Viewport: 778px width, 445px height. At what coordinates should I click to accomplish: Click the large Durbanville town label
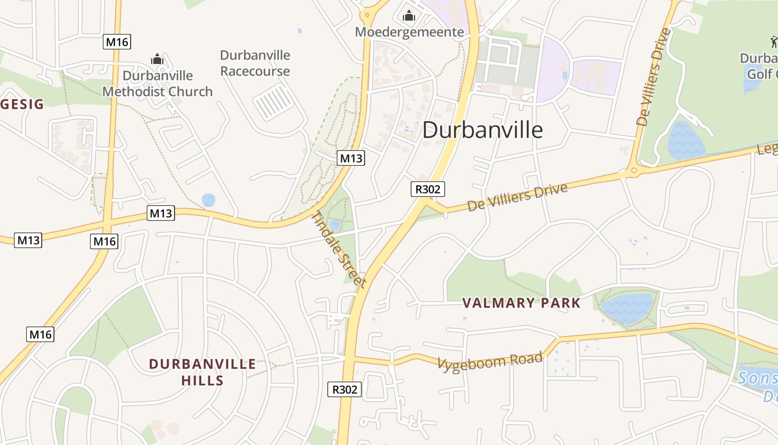pyautogui.click(x=482, y=130)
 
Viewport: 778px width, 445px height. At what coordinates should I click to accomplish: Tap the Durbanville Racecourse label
pyautogui.click(x=255, y=63)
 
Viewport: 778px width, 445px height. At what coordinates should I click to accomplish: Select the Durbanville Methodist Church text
pyautogui.click(x=158, y=83)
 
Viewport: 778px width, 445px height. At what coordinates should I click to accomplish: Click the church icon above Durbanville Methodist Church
pyautogui.click(x=157, y=59)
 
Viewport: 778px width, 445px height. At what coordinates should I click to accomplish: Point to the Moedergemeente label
pyautogui.click(x=410, y=32)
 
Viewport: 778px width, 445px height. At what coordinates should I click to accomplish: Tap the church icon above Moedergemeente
pyautogui.click(x=410, y=16)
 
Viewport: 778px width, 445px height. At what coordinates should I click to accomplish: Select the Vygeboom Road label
pyautogui.click(x=490, y=361)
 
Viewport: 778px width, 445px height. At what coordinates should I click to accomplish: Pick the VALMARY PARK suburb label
pyautogui.click(x=522, y=303)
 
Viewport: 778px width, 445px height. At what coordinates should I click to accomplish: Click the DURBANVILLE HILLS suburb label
pyautogui.click(x=202, y=372)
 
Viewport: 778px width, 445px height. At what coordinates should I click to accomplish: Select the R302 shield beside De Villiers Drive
pyautogui.click(x=428, y=189)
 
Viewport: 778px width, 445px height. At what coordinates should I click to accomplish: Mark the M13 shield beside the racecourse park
pyautogui.click(x=351, y=159)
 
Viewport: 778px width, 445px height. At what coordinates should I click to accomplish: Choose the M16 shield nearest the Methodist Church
pyautogui.click(x=117, y=42)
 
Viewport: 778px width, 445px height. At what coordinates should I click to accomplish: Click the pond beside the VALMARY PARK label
pyautogui.click(x=626, y=308)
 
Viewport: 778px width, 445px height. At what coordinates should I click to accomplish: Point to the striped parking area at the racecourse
pyautogui.click(x=273, y=102)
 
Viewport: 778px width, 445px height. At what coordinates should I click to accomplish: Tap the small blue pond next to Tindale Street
pyautogui.click(x=335, y=225)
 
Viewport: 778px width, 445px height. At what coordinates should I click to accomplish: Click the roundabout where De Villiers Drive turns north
pyautogui.click(x=633, y=171)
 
